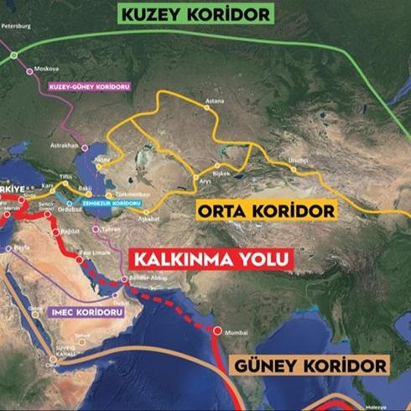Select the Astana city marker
tap(207, 107)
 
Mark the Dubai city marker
tap(111, 294)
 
